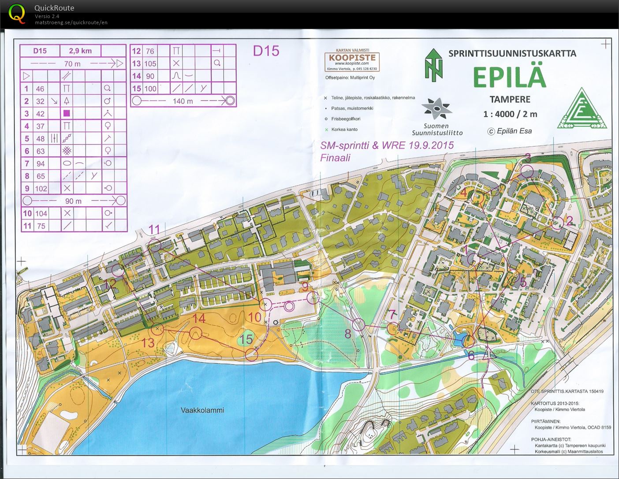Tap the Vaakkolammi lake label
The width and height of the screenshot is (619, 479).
point(202,410)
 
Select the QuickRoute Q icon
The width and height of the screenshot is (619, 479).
point(17,14)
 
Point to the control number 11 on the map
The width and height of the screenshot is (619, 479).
point(154,230)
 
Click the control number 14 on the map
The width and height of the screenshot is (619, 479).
point(198,318)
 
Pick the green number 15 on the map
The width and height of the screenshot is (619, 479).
point(246,339)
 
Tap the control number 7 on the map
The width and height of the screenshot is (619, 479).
point(392,315)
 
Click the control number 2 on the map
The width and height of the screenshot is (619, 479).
point(570,221)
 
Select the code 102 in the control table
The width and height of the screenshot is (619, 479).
point(41,189)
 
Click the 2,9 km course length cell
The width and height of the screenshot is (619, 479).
point(80,51)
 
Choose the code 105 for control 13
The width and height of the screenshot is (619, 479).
point(150,63)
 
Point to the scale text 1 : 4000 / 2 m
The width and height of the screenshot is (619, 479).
point(510,114)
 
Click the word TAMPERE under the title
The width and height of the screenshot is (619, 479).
point(510,99)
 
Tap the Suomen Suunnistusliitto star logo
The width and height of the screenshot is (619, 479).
point(436,108)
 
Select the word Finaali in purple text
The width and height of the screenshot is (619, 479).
point(335,158)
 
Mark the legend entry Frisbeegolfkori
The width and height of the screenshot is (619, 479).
point(346,119)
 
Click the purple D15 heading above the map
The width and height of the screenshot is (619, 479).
point(266,51)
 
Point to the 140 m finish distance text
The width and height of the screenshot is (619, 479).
point(183,101)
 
